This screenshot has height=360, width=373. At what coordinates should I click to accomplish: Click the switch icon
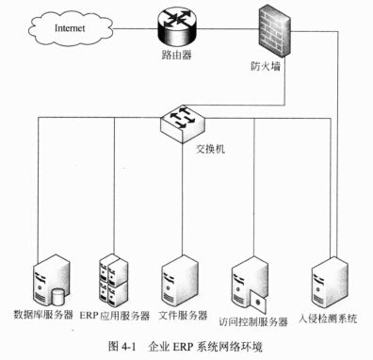tap(178, 121)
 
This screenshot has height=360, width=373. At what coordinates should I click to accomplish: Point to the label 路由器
tap(171, 56)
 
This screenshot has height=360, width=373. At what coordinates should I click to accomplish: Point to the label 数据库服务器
tap(43, 314)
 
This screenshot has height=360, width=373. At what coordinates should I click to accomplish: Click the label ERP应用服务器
tap(115, 314)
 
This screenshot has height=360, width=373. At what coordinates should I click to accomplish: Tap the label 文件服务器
tap(183, 314)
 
